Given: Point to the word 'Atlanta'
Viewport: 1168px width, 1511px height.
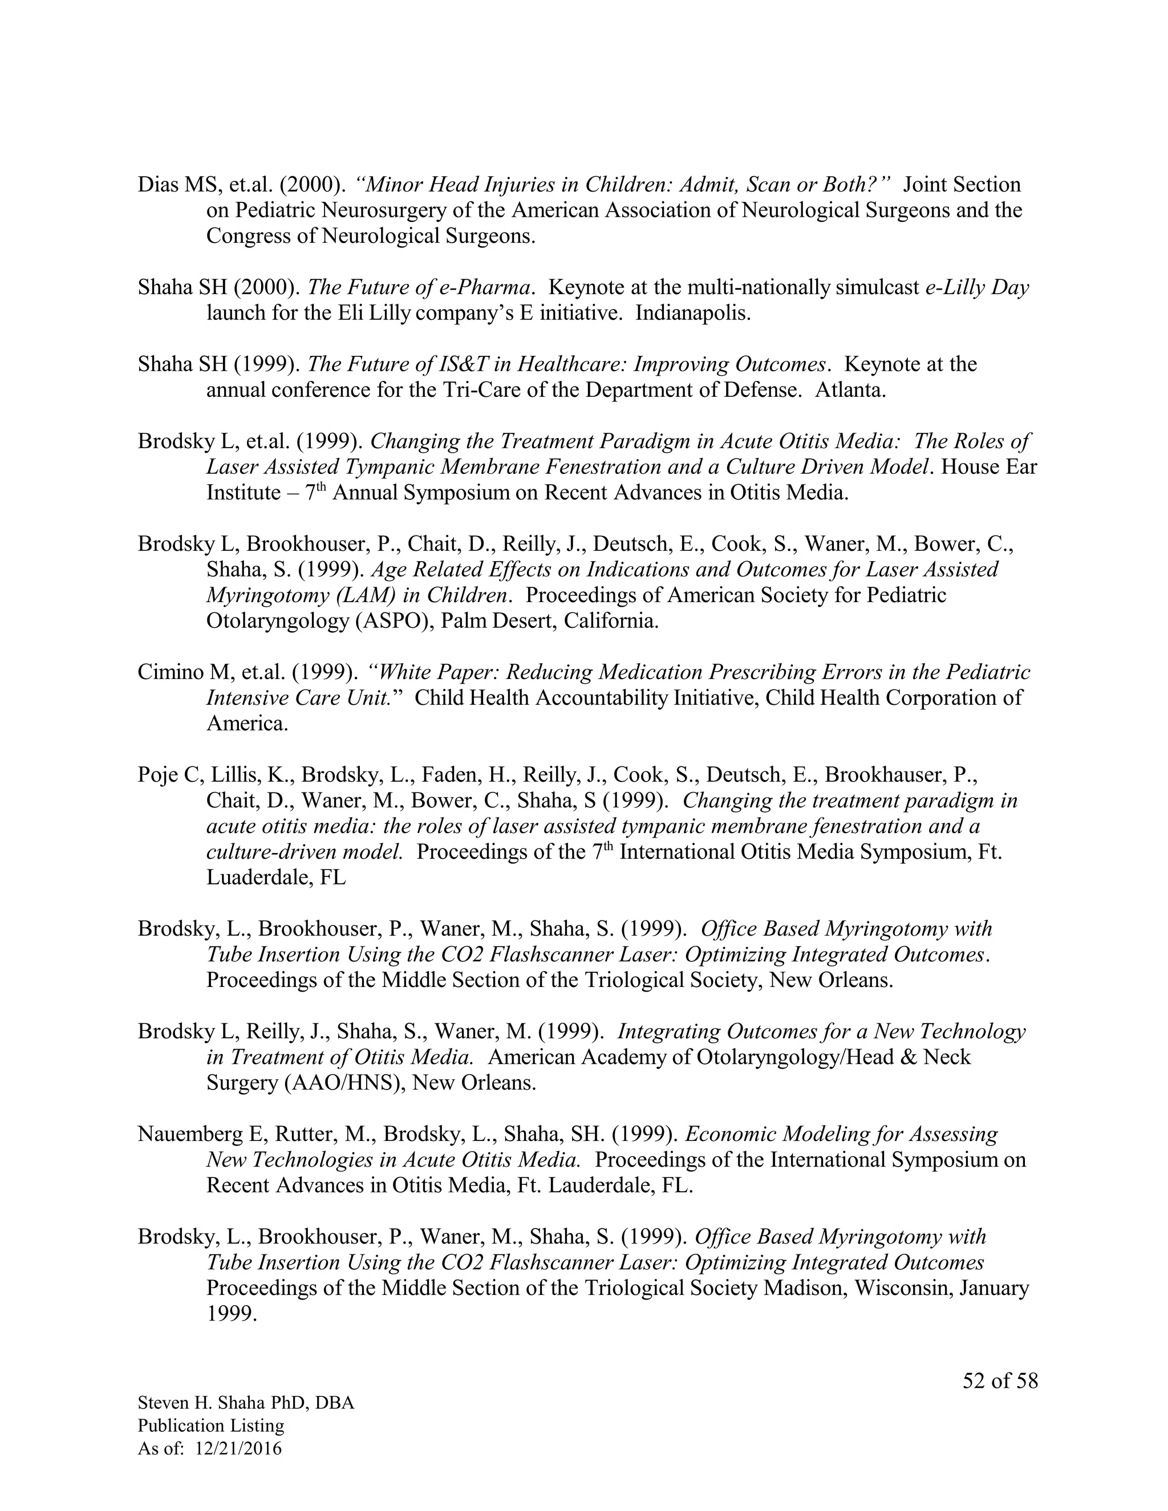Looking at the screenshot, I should (850, 389).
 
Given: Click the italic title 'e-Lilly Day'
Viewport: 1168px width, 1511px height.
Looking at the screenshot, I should (977, 287).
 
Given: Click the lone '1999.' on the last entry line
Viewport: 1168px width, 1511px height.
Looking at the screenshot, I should (232, 1314).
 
